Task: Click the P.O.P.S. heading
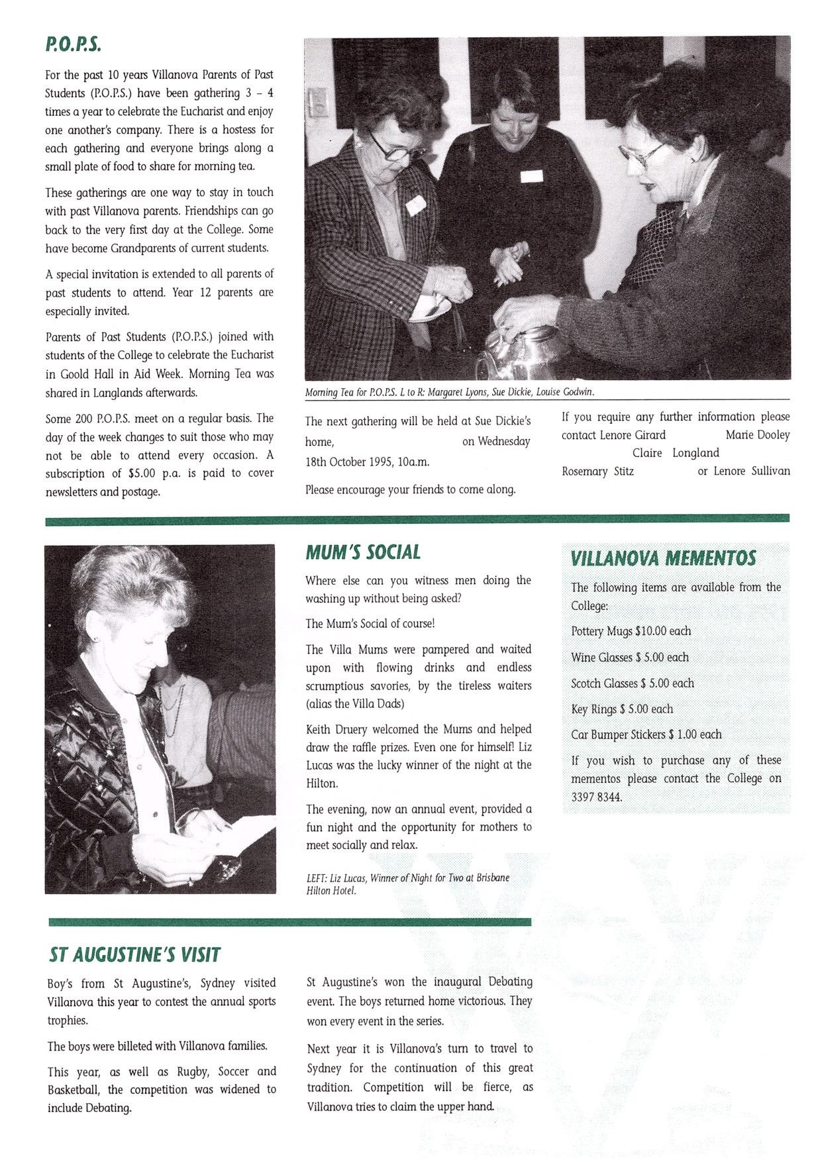(x=73, y=45)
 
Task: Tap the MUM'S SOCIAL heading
(x=363, y=552)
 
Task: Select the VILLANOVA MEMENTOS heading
(x=663, y=558)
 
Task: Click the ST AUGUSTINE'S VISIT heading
(x=134, y=954)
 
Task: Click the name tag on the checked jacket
(x=415, y=205)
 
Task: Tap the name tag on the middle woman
(x=531, y=176)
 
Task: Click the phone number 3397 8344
(x=596, y=797)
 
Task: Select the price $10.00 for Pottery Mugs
(x=651, y=631)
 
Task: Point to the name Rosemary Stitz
(x=597, y=471)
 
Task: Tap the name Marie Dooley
(x=758, y=434)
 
